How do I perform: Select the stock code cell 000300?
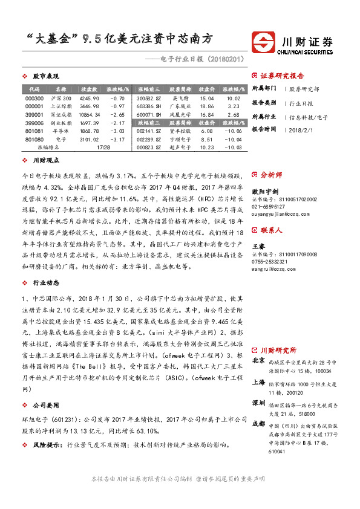click(34, 98)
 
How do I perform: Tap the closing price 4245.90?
click(89, 98)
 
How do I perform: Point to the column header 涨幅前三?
click(149, 89)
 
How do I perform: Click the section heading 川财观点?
click(45, 161)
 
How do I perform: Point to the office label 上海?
click(258, 381)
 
